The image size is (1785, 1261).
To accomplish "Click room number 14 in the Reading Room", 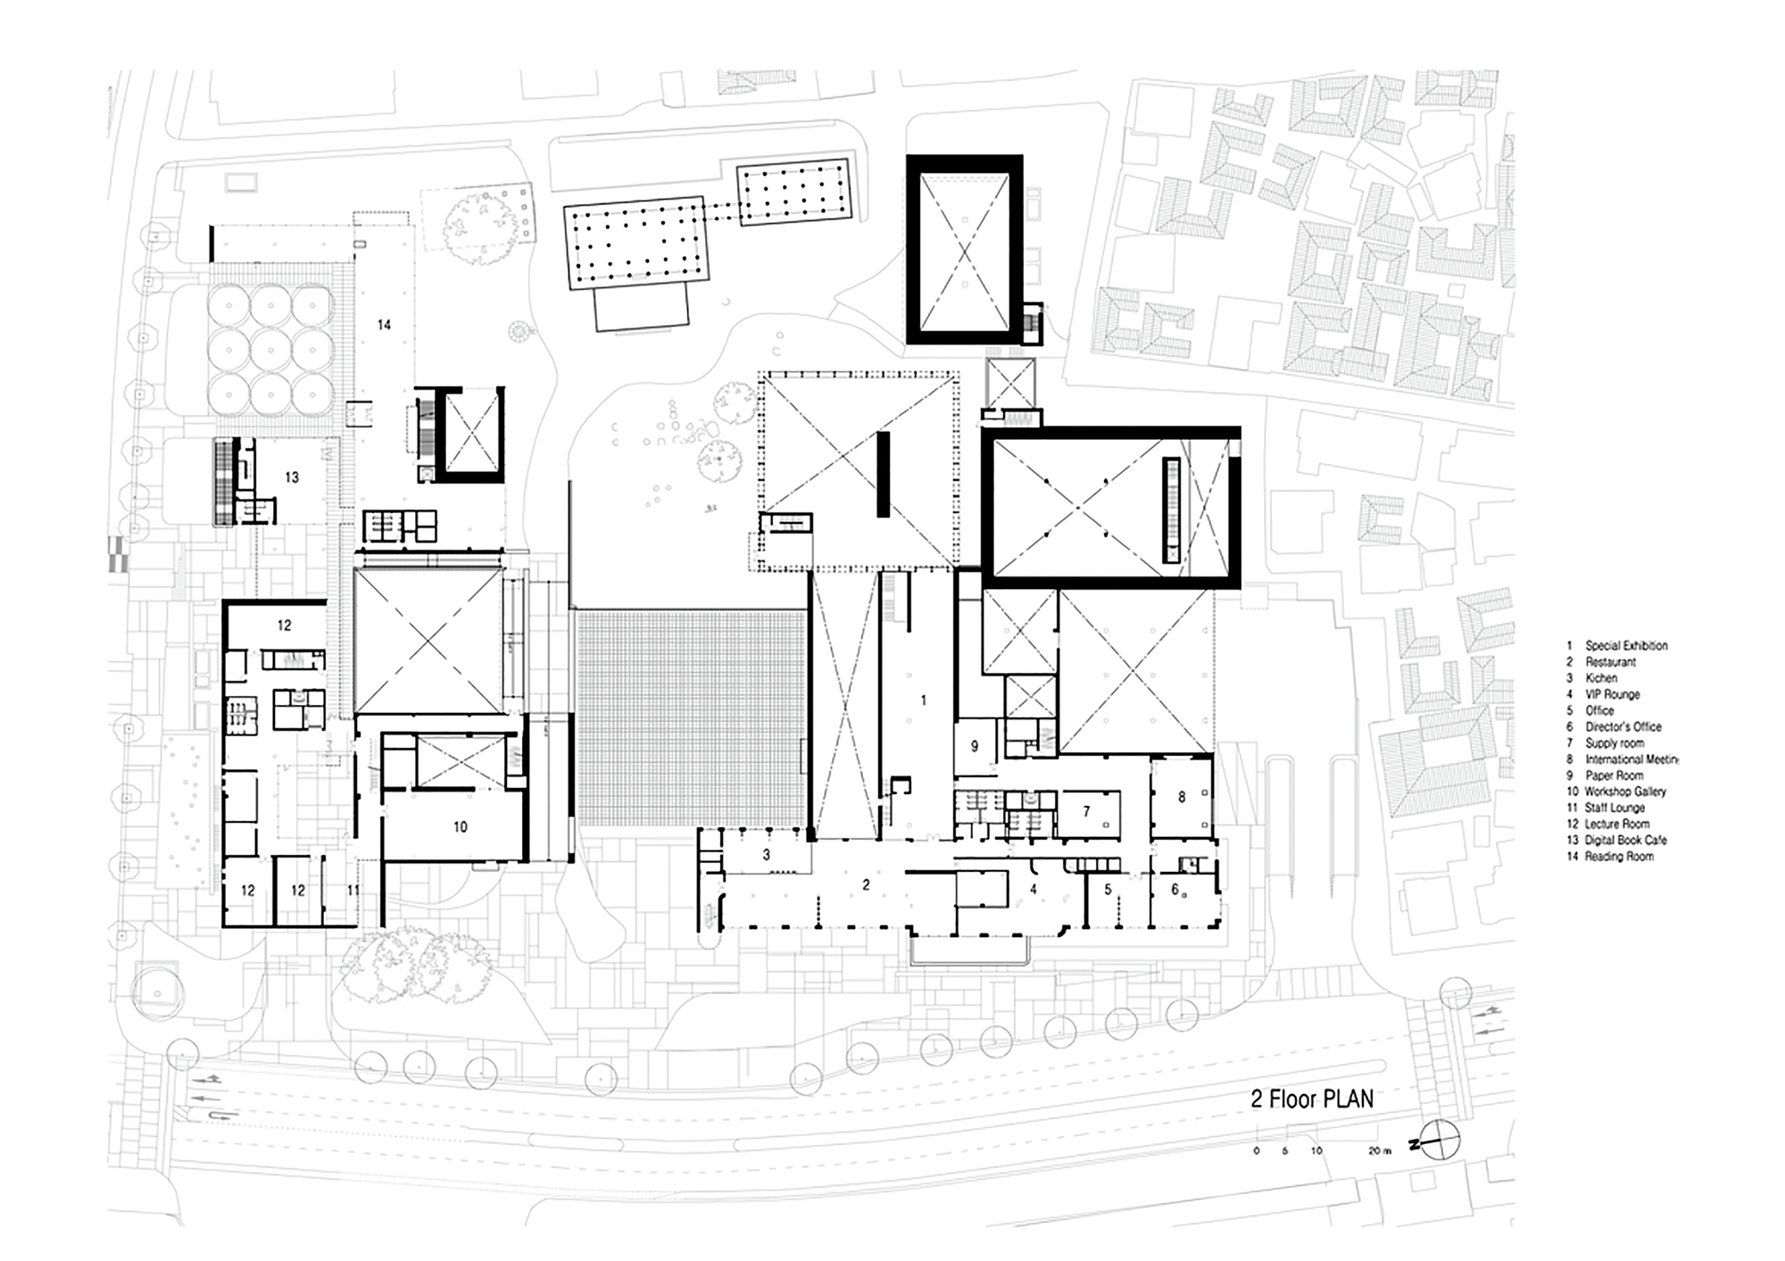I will [384, 325].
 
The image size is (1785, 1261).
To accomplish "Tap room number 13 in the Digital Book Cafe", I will [292, 477].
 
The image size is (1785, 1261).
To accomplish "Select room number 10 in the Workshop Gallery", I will [460, 827].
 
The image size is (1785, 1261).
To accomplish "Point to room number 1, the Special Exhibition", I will [923, 701].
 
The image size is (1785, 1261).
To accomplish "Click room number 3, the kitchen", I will [766, 855].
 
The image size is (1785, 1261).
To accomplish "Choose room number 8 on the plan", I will [1182, 797].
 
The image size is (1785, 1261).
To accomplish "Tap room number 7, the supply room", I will [1086, 812].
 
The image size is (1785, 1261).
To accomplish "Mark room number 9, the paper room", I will [975, 746].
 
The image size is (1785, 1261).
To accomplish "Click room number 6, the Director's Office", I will [1175, 889].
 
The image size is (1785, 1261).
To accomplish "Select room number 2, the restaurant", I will [866, 885].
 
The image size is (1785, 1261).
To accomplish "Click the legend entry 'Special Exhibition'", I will [1625, 645].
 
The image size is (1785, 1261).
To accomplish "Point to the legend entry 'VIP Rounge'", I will [1612, 694].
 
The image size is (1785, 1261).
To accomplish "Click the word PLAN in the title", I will [1348, 1099].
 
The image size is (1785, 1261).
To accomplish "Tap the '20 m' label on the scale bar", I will [1380, 1151].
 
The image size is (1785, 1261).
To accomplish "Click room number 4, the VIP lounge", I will [1033, 890].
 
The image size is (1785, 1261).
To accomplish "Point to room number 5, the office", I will [1108, 889].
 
